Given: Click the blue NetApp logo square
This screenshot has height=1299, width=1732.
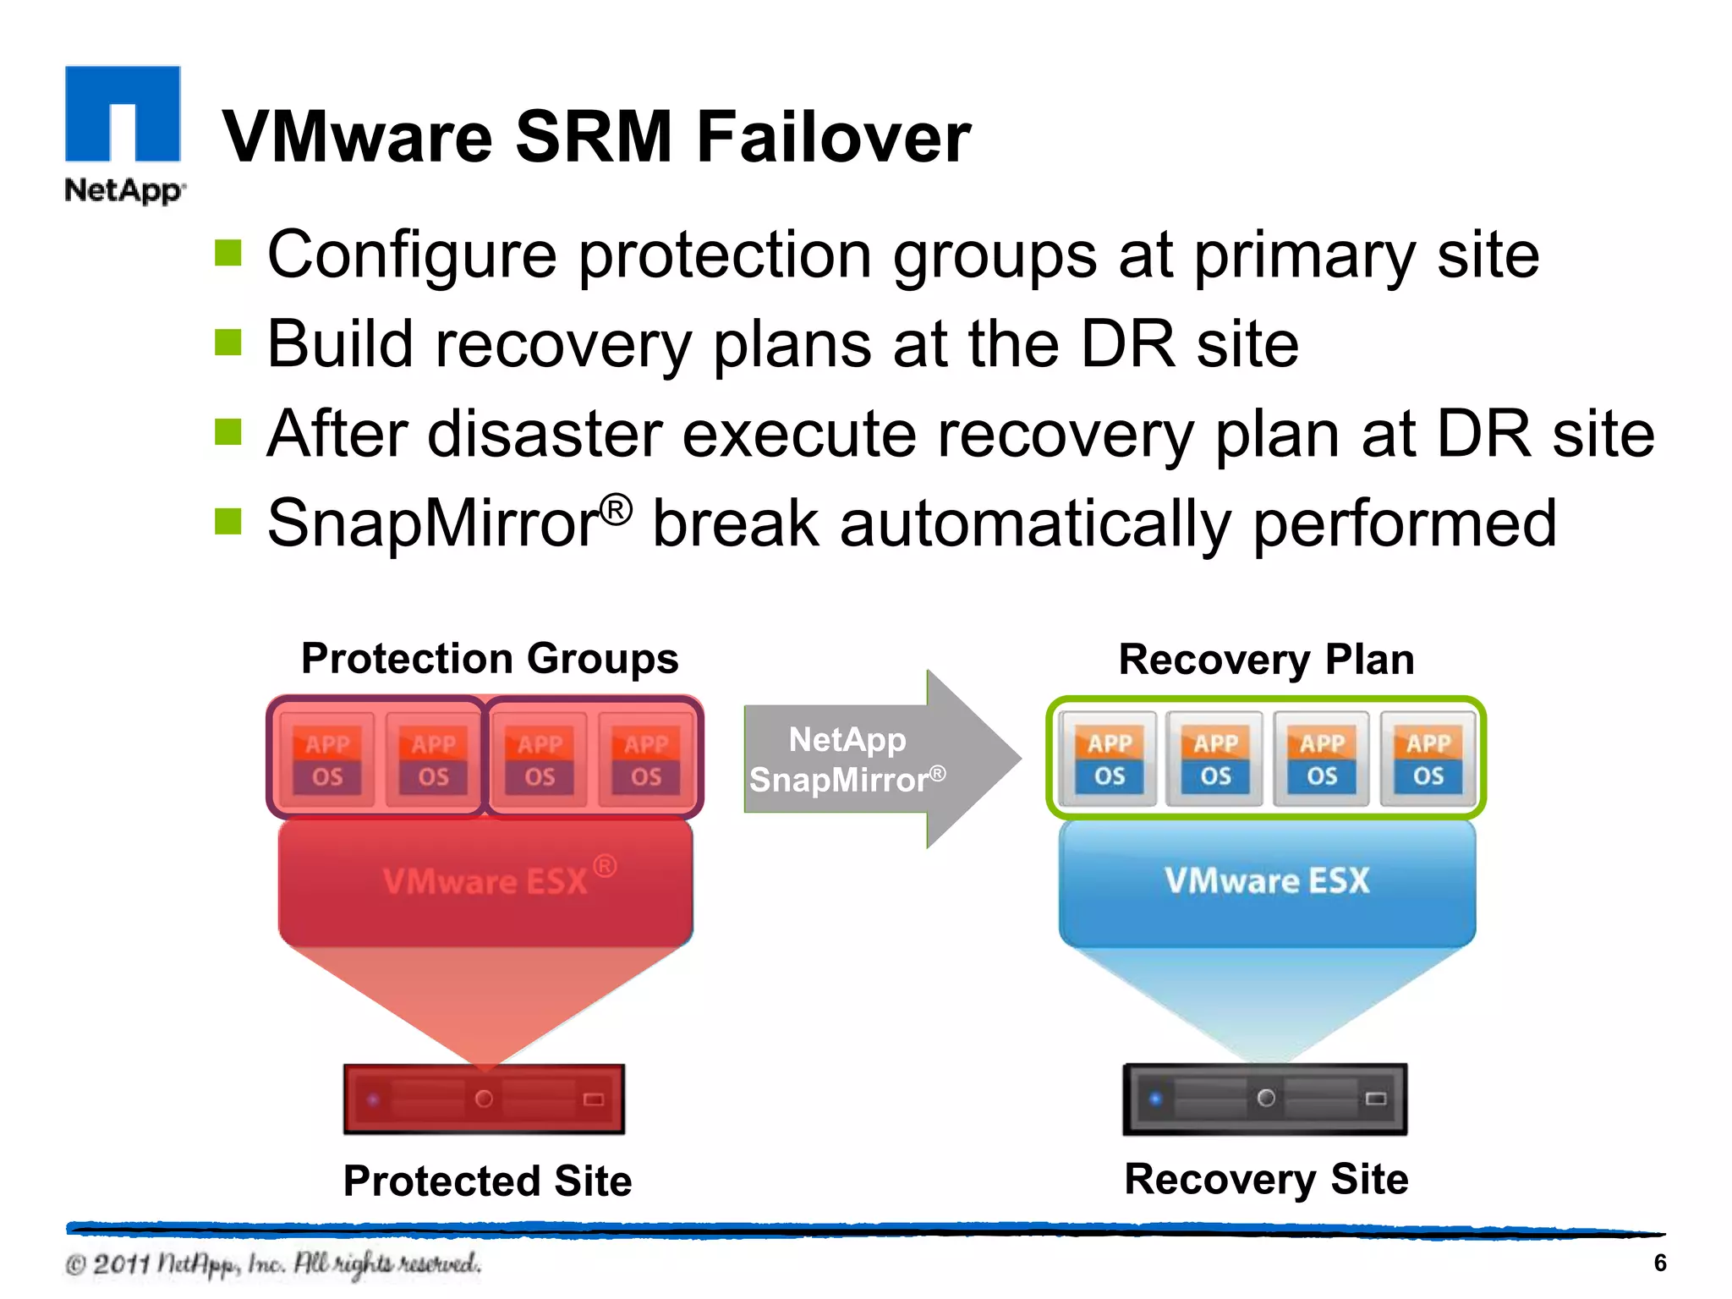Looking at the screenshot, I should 123,113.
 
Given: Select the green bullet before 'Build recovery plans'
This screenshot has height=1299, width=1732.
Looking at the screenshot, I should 228,343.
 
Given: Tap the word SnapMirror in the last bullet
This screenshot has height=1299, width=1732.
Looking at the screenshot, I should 434,523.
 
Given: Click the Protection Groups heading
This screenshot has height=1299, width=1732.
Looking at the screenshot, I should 490,659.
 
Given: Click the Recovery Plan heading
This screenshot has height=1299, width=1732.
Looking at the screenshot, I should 1266,660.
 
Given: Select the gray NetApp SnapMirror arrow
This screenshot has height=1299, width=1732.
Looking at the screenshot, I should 880,759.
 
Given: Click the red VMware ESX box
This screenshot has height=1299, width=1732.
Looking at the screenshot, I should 485,882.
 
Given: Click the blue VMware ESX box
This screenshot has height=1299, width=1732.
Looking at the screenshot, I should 1267,882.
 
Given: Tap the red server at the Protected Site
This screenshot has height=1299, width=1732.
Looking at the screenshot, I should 484,1099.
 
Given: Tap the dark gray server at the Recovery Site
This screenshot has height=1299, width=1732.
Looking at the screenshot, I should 1265,1099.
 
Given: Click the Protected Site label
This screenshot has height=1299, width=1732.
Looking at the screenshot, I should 487,1181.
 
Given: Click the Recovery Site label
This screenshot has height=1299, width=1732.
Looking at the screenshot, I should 1266,1179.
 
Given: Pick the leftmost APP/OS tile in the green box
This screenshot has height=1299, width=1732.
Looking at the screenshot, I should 1109,759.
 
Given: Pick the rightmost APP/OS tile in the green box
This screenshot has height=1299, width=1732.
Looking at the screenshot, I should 1428,759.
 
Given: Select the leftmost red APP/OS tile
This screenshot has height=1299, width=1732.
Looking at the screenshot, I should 327,759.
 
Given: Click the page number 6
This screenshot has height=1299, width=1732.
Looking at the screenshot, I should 1659,1263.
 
